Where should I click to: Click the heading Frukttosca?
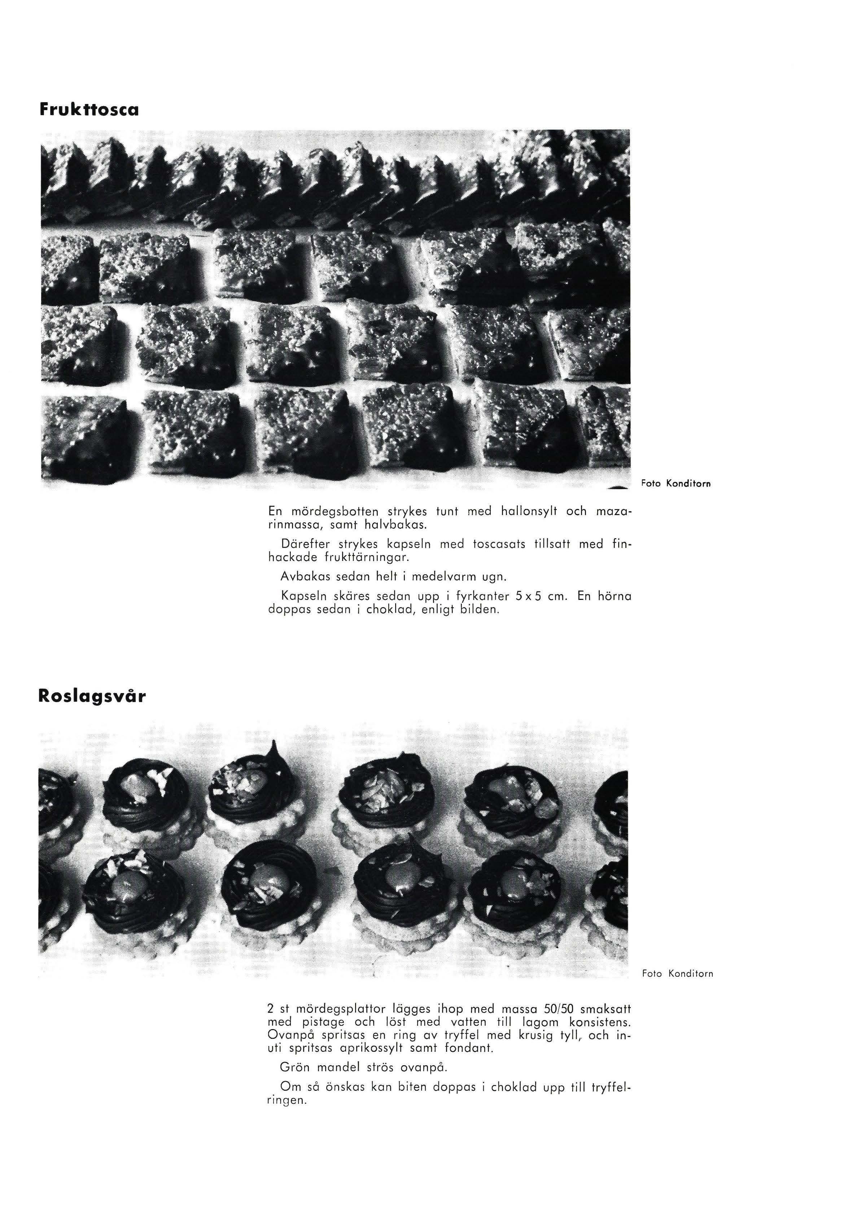click(89, 110)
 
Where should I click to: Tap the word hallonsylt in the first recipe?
click(527, 511)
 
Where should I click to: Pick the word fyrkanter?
click(482, 597)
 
